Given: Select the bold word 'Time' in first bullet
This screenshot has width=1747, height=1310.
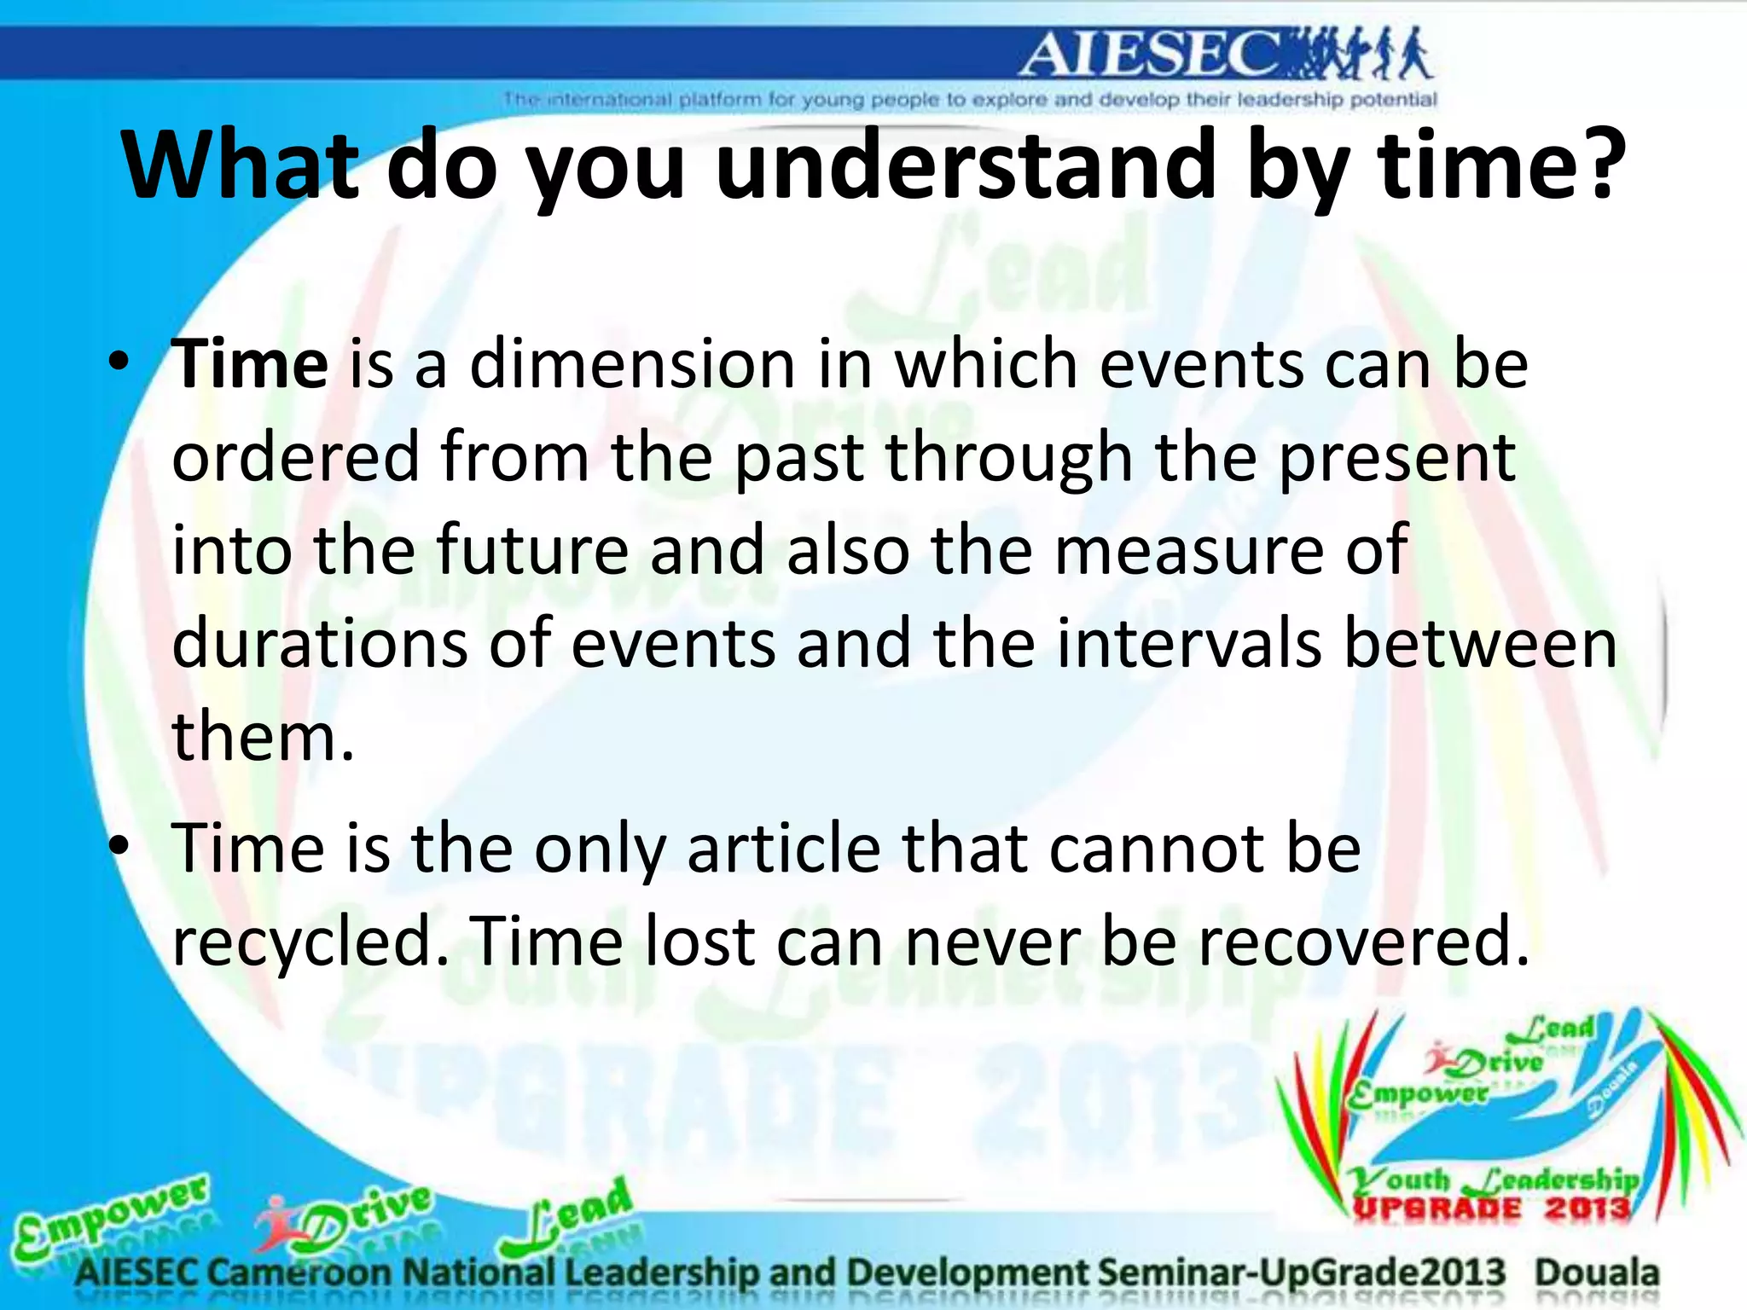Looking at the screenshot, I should pyautogui.click(x=250, y=364).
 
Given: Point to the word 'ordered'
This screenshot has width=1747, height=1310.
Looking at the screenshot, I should pyautogui.click(x=296, y=457).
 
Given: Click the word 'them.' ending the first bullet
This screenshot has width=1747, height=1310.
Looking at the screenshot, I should pyautogui.click(x=263, y=736).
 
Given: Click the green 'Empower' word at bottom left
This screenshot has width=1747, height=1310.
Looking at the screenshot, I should pyautogui.click(x=111, y=1215).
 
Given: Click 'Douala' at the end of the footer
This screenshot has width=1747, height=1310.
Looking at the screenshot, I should pyautogui.click(x=1597, y=1272).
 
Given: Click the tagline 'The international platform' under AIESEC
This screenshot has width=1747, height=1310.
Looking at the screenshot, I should pyautogui.click(x=969, y=100).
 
